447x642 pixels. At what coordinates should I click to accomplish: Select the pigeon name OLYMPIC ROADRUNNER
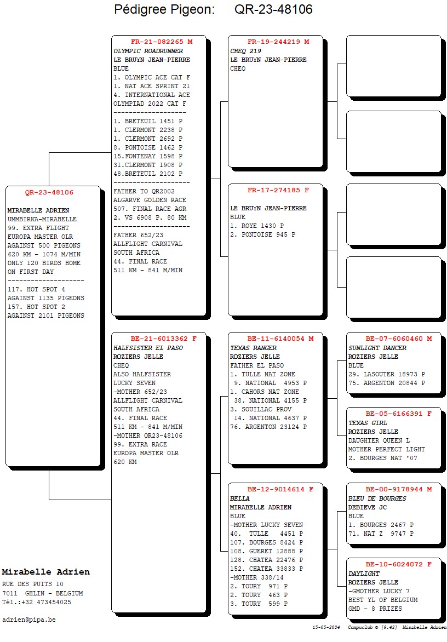coord(148,51)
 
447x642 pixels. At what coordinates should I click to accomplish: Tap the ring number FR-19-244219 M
coord(278,42)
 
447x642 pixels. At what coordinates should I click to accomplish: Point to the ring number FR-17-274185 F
coord(278,190)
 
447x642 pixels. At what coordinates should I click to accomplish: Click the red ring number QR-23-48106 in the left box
coord(49,192)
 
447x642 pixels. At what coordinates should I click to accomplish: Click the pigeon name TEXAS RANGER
coord(253,348)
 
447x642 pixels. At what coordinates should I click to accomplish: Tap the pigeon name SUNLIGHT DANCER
coord(377,348)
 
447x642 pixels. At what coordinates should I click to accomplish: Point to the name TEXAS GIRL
coord(368,423)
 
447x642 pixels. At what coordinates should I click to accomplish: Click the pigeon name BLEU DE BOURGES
coord(377,498)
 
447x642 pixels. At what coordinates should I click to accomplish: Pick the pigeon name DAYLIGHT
coord(364,574)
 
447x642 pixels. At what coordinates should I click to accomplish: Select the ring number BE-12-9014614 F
coord(280,489)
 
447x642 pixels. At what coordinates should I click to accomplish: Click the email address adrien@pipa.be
coord(29,620)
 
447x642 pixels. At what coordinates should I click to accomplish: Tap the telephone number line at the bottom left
coord(37,602)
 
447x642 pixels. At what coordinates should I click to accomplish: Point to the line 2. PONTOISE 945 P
coord(263,234)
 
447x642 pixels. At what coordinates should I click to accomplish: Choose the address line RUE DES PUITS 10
coord(33,584)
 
